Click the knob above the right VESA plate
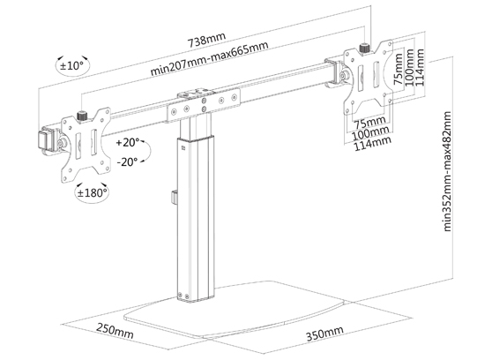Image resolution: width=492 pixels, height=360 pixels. click(365, 49)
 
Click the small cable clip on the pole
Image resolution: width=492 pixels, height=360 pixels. click(175, 197)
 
